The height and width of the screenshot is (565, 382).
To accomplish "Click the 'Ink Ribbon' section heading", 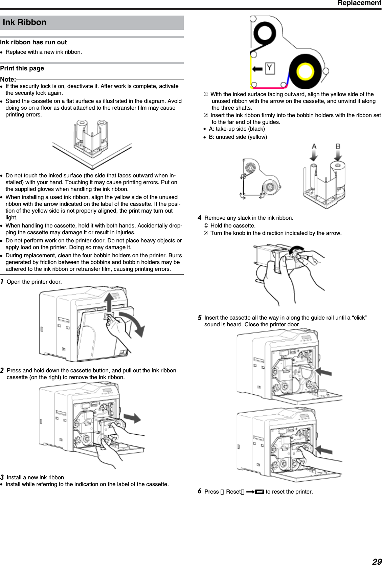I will click(24, 22).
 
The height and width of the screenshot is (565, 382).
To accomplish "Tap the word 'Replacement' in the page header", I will click(359, 3).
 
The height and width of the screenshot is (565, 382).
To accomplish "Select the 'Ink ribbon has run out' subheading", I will click(33, 42).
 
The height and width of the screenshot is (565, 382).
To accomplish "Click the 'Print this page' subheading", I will click(22, 68).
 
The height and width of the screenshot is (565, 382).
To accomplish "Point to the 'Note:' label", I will click(8, 80).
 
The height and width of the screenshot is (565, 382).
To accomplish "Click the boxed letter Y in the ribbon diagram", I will click(269, 68).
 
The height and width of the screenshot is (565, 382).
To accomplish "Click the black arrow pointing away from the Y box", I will click(257, 69).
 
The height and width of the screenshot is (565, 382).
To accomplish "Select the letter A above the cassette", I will click(314, 147).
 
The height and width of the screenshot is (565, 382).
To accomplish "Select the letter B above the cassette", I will click(338, 147).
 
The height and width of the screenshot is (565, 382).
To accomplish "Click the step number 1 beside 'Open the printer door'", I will click(2, 282).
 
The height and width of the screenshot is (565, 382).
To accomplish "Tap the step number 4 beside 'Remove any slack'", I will click(200, 218).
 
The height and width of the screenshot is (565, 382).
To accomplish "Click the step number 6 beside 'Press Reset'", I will click(200, 491).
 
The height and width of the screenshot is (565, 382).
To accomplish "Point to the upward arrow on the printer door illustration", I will click(109, 302).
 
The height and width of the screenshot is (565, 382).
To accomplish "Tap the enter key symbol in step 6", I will click(260, 492).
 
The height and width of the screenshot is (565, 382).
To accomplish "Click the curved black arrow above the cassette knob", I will click(297, 249).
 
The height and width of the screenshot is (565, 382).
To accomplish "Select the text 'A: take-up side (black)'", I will click(237, 129).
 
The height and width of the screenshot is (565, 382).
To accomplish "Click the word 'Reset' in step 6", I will click(233, 492).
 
